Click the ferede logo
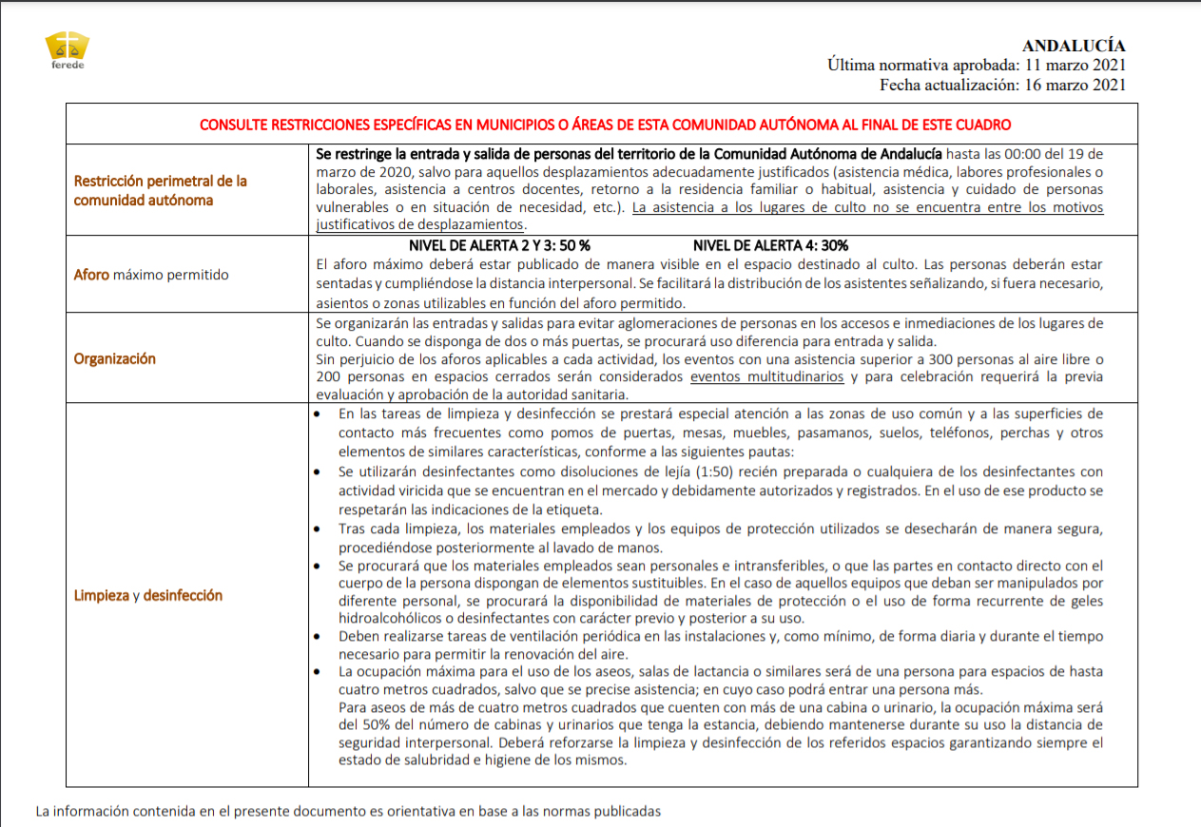68,50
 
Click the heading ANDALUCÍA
1074,46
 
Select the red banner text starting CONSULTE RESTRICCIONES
605,125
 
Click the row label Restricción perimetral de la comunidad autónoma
161,190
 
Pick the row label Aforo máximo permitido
151,275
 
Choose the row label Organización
115,358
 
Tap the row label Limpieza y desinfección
148,595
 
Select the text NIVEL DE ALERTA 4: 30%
771,245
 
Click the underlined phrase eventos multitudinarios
767,376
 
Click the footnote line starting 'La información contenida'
348,811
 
